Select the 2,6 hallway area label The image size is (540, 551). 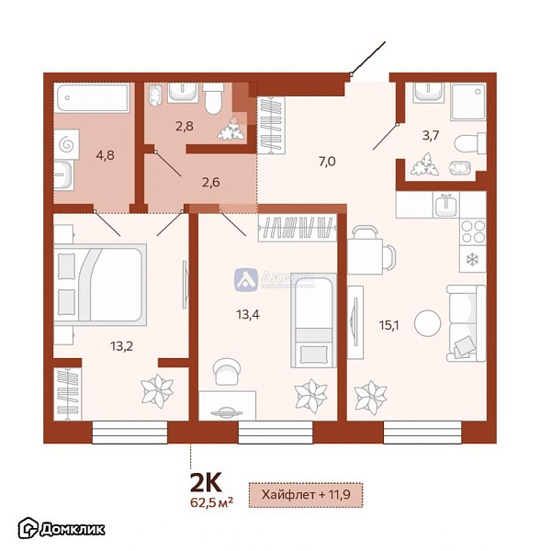click(x=209, y=181)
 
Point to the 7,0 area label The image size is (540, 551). click(x=326, y=162)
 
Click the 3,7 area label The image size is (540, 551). click(x=429, y=137)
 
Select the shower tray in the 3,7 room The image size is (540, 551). click(x=467, y=100)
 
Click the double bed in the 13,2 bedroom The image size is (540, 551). click(x=99, y=285)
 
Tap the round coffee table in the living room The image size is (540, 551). click(x=426, y=323)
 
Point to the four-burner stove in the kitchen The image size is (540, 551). click(x=472, y=231)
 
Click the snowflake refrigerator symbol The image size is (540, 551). click(x=472, y=259)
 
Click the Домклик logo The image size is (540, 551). click(x=61, y=528)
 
